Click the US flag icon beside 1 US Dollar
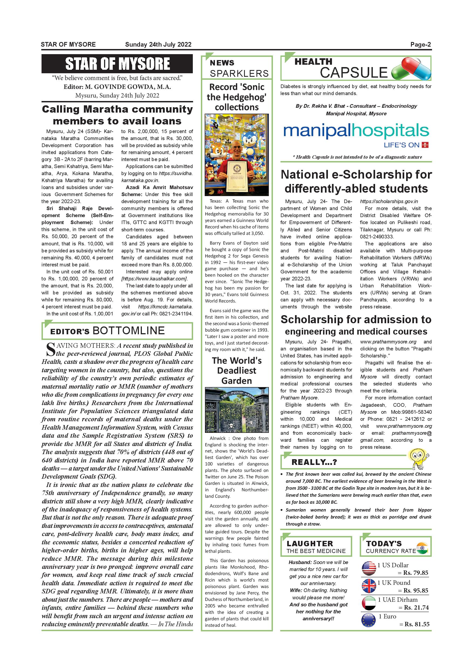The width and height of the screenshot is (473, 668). point(369,569)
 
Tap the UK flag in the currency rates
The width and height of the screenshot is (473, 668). point(369,586)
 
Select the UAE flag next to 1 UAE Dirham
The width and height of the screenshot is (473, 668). point(369,603)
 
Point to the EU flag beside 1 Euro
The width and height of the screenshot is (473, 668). point(369,620)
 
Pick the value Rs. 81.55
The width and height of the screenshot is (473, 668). point(417,624)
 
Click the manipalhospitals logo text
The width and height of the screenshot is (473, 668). point(356,131)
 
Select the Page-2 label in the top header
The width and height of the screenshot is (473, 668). point(421,44)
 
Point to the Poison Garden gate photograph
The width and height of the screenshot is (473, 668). point(236,410)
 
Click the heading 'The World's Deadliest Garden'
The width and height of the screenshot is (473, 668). point(236,371)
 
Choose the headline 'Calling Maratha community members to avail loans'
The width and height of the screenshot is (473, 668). point(117,115)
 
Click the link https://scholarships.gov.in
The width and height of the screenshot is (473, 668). point(389,201)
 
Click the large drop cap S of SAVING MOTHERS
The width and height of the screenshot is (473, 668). point(50,350)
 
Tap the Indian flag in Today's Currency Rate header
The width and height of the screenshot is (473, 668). point(422,548)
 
